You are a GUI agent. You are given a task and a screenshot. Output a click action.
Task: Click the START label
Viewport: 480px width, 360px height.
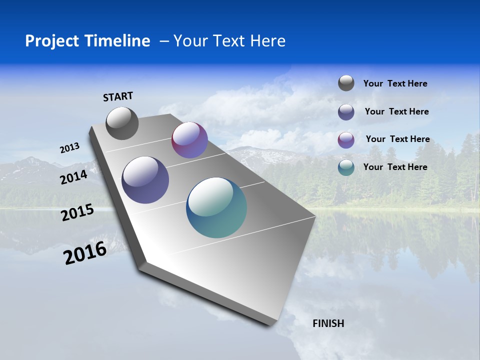coord(118,96)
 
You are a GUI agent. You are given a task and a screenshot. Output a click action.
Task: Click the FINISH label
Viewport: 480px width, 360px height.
coord(328,323)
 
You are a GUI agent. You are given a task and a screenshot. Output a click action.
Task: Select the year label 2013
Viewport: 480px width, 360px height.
coord(69,148)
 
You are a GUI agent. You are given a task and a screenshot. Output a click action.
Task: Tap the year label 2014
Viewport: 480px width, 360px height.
coord(74,177)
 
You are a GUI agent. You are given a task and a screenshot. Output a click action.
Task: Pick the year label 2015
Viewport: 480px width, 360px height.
coord(77,212)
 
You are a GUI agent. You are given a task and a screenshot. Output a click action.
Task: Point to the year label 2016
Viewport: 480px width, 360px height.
coord(85,253)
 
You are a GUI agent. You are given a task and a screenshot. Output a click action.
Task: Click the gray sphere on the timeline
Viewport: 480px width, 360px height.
coord(122,123)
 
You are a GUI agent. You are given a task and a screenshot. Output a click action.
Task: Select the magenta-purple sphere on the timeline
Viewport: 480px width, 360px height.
coord(189,140)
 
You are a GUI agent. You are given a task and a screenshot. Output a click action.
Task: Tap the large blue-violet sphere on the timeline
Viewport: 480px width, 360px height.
coord(145,180)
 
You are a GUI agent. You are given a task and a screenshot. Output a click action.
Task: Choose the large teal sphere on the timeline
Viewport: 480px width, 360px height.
coord(216,207)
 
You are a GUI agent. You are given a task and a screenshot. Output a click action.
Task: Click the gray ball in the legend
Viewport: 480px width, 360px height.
coord(346,83)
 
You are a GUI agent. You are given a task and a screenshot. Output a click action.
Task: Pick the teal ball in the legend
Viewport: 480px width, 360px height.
coord(346,167)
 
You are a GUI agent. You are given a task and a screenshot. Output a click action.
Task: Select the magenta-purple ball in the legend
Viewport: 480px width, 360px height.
coord(346,139)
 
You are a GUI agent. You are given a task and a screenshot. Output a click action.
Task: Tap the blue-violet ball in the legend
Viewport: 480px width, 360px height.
coord(346,111)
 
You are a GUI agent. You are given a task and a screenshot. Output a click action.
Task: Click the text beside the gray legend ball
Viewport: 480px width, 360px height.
coord(395,83)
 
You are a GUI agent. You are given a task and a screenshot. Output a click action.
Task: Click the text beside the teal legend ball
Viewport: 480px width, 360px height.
coord(395,167)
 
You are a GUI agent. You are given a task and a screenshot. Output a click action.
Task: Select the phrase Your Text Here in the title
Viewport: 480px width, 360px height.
coord(229,41)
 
